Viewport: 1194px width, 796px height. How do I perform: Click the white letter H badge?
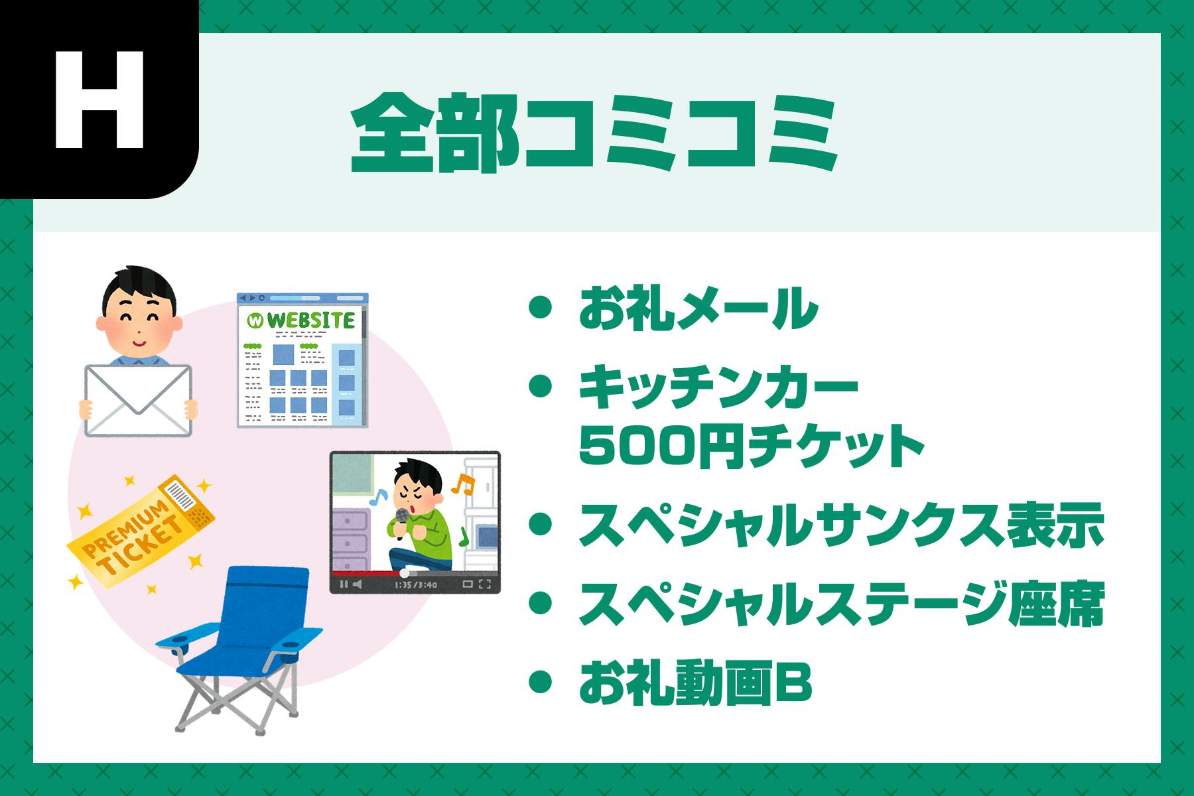(x=99, y=99)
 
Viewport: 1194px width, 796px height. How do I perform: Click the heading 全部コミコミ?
(x=594, y=135)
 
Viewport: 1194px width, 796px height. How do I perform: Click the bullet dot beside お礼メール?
(x=542, y=308)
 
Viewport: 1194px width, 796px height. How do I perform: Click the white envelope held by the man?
(x=138, y=401)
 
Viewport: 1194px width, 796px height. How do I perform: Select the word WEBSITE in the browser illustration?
(x=310, y=321)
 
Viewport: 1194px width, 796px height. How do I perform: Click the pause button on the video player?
(x=344, y=584)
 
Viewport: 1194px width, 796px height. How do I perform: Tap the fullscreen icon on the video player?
(x=485, y=584)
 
